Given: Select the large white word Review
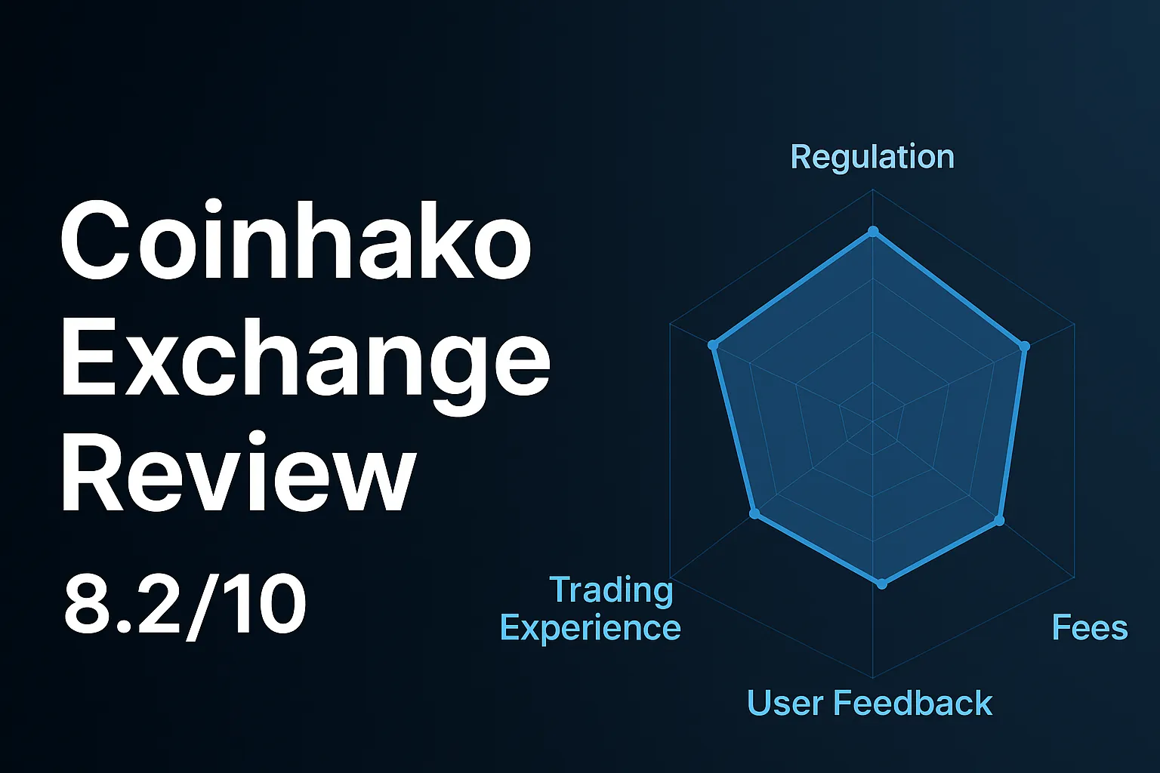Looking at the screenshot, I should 238,474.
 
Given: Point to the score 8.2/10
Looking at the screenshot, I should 185,605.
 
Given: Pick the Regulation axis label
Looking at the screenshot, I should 872,157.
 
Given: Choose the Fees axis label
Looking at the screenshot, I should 1090,628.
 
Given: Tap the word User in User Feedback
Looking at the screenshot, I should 785,704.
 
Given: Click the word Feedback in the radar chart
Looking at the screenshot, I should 913,704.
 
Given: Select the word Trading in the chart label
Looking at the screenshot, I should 611,590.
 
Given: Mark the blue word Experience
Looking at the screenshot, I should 591,628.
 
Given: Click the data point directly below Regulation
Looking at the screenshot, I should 873,231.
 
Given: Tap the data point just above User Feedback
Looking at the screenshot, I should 882,584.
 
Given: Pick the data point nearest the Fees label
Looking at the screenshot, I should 999,521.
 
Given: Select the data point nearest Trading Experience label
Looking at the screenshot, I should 754,514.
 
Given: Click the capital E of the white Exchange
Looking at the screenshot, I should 85,356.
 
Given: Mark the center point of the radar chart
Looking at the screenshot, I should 873,421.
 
